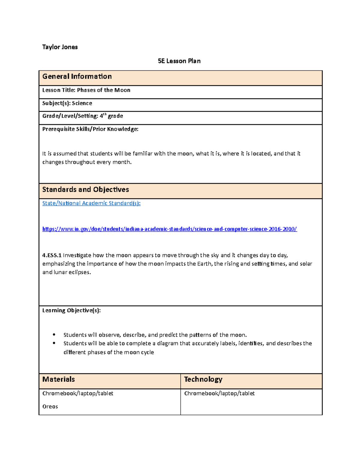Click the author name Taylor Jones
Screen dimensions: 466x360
point(60,47)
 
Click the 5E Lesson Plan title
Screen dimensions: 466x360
point(179,61)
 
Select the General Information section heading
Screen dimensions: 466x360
point(77,77)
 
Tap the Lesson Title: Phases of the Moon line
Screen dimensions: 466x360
point(86,90)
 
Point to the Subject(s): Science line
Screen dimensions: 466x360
point(67,103)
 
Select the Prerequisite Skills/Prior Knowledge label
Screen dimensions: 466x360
point(90,129)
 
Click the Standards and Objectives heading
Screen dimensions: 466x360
point(85,190)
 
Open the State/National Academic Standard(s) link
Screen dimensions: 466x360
point(91,203)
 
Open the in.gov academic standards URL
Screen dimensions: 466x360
point(169,229)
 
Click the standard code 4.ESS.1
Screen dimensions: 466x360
point(52,255)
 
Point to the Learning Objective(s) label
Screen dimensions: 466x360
point(71,310)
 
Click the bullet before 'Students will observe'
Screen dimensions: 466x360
point(54,335)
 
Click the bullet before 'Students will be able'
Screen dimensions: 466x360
point(54,343)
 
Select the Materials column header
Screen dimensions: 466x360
point(58,379)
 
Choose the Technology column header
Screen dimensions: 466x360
point(203,379)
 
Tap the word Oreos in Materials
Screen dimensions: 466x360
point(50,407)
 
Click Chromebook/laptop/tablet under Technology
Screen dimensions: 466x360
point(219,393)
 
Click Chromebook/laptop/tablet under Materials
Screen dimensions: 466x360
point(78,393)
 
